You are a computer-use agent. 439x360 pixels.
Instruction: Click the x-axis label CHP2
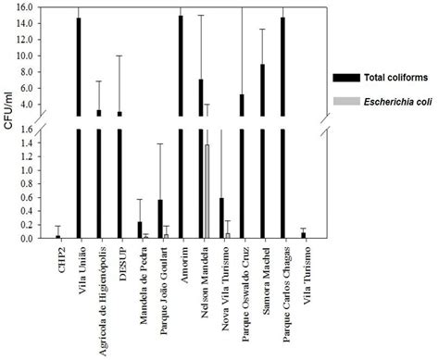[58, 258]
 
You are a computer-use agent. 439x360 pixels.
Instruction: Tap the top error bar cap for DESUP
[119, 56]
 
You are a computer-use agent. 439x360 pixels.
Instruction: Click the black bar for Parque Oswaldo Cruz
[242, 167]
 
